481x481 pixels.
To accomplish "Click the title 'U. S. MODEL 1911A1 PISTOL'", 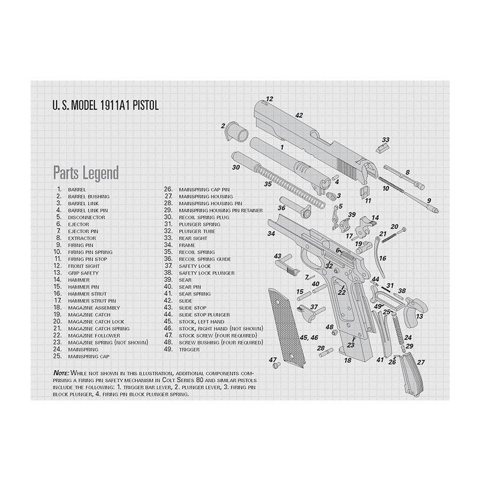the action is (106, 105).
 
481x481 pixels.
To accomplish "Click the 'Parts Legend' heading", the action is (86, 173).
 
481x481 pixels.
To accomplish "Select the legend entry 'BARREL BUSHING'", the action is (88, 197).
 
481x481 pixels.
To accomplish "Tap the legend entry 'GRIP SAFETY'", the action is (84, 273).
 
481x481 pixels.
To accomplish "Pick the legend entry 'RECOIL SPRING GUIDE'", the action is (205, 259).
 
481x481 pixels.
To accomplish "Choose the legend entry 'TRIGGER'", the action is (189, 350).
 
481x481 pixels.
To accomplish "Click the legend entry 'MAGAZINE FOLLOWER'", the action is (94, 336).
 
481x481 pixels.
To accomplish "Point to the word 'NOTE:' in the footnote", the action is (61, 373).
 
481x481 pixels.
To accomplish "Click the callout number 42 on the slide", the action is (299, 115).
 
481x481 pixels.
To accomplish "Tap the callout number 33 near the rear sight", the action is (385, 140).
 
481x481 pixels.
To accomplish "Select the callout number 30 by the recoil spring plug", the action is (236, 168).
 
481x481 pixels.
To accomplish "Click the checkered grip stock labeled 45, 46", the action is (287, 328).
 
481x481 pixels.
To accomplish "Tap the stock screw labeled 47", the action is (277, 365).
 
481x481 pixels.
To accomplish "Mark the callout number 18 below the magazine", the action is (348, 360).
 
